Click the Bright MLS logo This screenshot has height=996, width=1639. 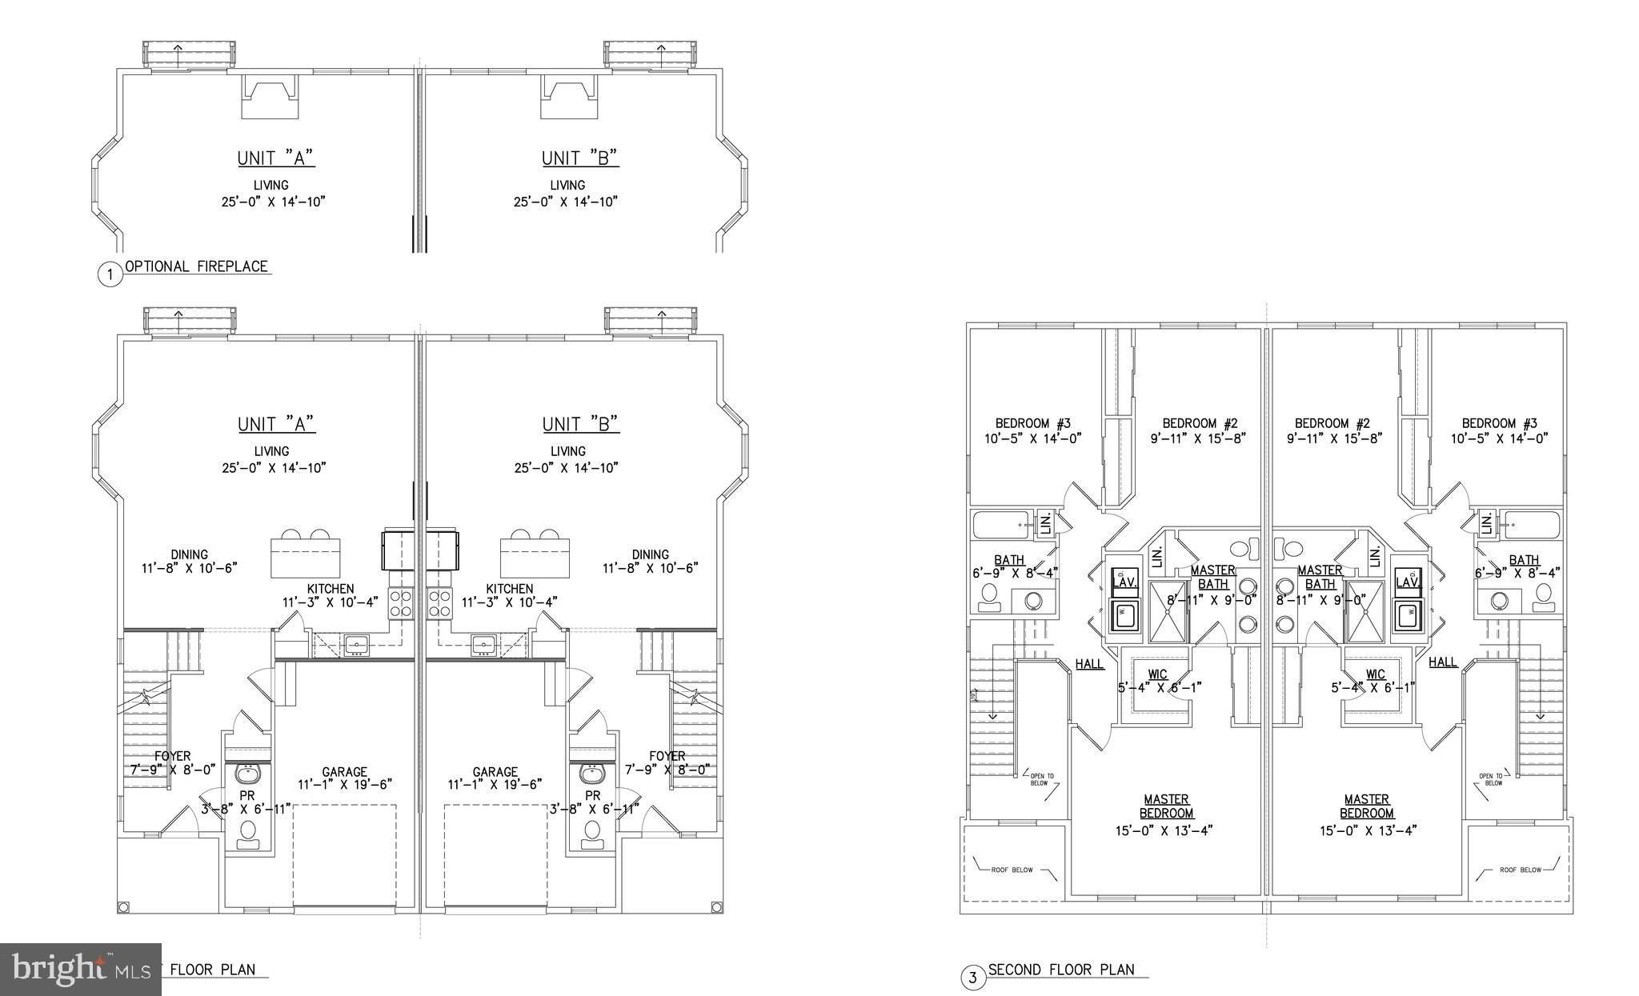pos(80,970)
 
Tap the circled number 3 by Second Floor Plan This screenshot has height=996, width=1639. pos(972,978)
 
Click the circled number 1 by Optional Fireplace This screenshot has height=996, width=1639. pos(110,274)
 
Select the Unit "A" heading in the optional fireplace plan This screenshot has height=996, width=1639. pos(276,158)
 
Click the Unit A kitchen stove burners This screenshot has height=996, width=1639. pos(401,602)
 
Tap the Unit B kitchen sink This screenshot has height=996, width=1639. pos(483,645)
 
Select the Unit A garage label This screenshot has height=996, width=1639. pos(344,772)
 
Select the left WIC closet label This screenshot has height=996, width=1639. pos(1157,674)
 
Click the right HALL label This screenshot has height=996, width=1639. pos(1443,662)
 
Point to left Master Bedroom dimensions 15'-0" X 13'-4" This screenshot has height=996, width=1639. pos(1166,830)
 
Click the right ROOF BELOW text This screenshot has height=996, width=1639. pos(1519,869)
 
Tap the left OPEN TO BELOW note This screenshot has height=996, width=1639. pos(1042,779)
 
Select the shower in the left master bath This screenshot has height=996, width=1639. pos(1169,612)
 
